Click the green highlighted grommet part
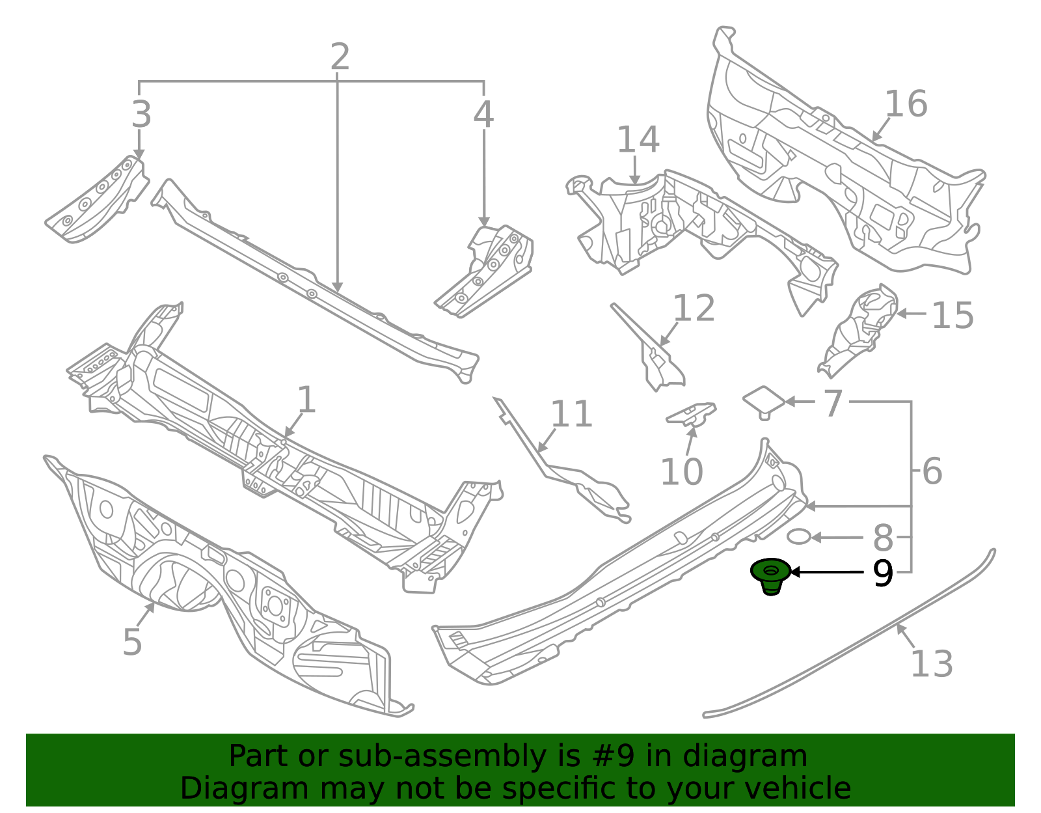click(770, 575)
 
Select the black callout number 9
click(883, 573)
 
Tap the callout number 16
click(906, 104)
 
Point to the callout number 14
click(638, 139)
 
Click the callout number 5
click(132, 642)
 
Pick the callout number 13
click(931, 664)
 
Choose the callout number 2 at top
click(340, 57)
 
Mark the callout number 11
click(571, 414)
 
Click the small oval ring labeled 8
click(799, 537)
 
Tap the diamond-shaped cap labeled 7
click(764, 400)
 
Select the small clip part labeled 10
click(691, 414)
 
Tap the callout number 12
click(694, 308)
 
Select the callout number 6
click(932, 471)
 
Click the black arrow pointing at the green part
click(826, 572)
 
